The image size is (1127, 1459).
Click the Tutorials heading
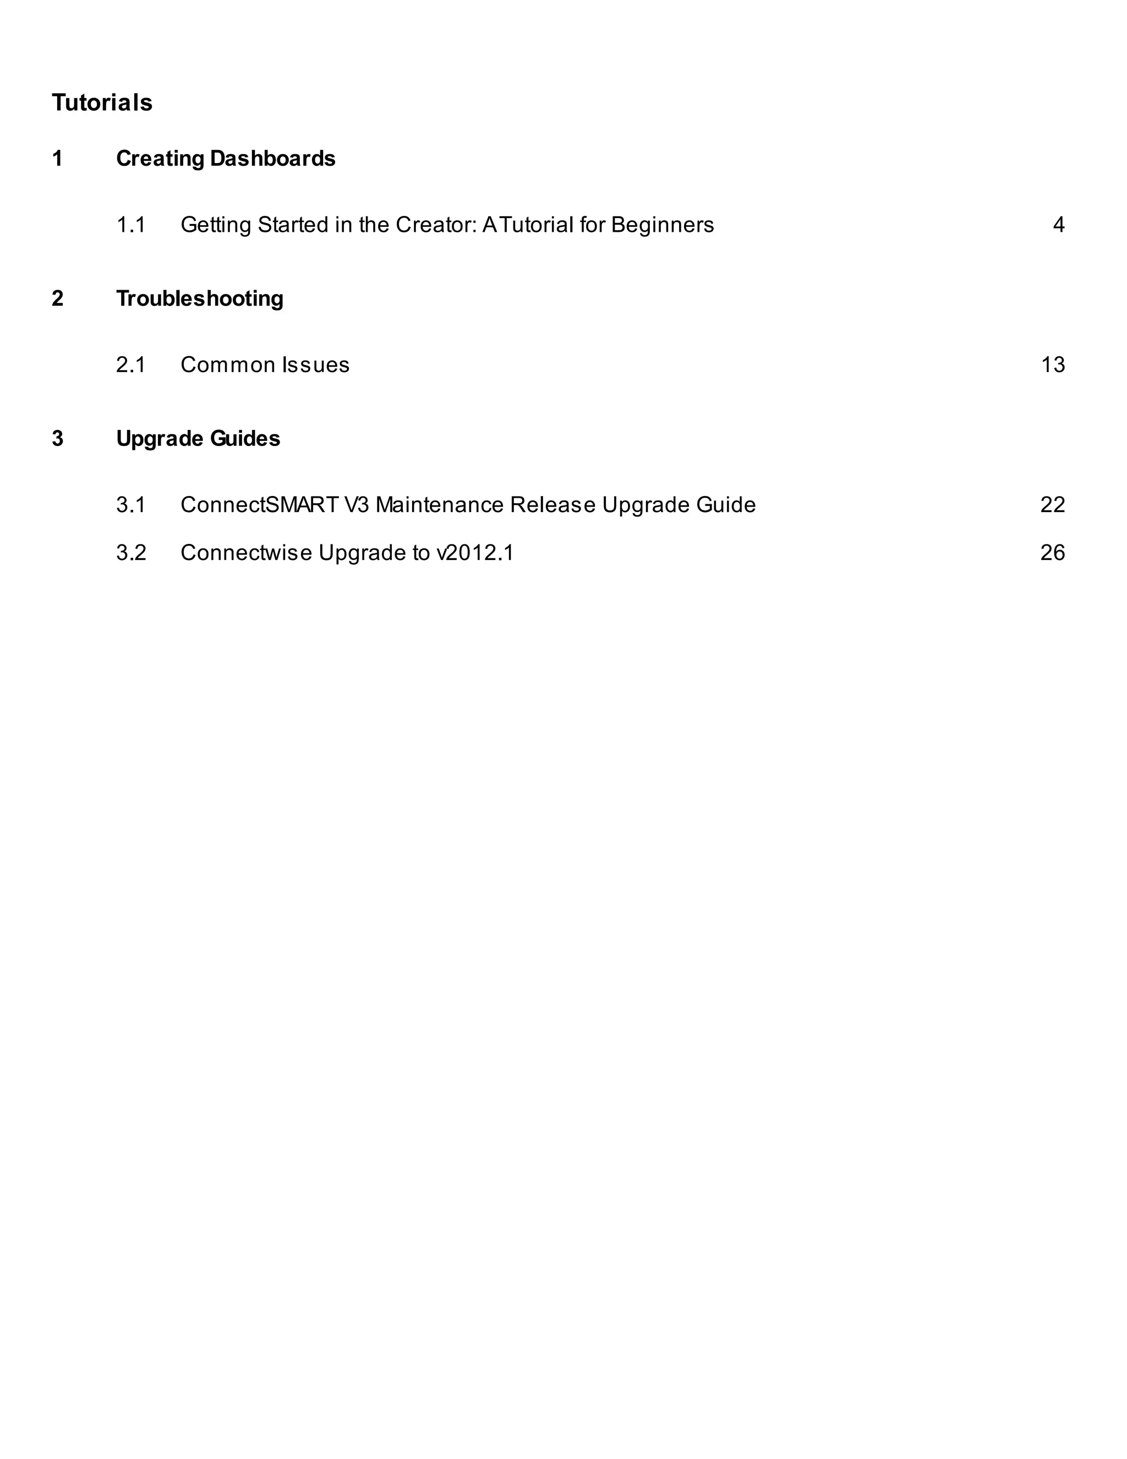click(x=102, y=102)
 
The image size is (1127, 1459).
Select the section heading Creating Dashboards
click(x=226, y=159)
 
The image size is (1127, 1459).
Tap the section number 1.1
click(x=131, y=225)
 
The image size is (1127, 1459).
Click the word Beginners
click(x=663, y=225)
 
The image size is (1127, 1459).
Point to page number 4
click(x=1058, y=225)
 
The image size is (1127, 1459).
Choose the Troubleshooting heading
click(x=200, y=298)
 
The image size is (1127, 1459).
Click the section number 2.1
click(x=131, y=364)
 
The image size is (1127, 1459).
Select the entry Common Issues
click(x=265, y=364)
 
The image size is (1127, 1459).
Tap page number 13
click(x=1052, y=364)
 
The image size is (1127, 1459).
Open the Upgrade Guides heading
click(x=198, y=438)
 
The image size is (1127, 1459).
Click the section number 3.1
click(x=131, y=504)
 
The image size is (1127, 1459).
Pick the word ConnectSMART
click(x=260, y=504)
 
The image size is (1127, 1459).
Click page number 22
click(x=1052, y=504)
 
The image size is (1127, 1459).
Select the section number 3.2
click(x=131, y=552)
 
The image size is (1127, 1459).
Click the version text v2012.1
click(x=475, y=552)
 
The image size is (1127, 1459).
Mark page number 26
click(x=1052, y=552)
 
